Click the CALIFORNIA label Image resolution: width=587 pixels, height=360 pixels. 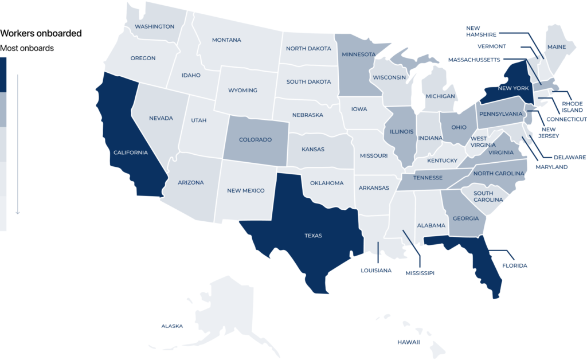(131, 152)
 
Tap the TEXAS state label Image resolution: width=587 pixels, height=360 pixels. (313, 236)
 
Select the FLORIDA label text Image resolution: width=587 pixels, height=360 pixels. (514, 266)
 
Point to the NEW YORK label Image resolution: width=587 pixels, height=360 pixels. (512, 88)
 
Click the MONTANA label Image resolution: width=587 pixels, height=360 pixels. (226, 40)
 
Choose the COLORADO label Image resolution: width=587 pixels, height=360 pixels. (255, 139)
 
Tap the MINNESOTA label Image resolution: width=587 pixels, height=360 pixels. (358, 55)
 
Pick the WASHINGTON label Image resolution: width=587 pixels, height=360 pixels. (154, 26)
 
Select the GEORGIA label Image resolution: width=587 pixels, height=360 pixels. (465, 218)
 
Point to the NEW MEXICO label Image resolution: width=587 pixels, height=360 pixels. (246, 191)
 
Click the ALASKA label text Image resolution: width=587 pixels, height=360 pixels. (172, 326)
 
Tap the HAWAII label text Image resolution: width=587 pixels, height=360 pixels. (408, 342)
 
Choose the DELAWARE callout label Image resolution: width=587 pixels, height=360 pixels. (570, 157)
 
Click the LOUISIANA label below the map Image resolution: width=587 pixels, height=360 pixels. (376, 270)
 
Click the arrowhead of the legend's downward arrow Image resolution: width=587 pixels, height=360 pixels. (18, 212)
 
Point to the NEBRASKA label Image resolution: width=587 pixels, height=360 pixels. (307, 115)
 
